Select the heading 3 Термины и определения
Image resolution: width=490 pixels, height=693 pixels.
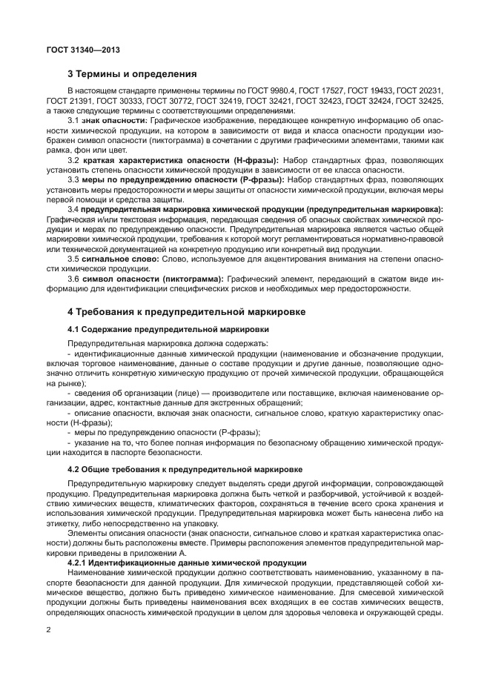click(132, 74)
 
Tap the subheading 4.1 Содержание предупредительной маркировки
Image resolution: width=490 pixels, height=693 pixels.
click(168, 328)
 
